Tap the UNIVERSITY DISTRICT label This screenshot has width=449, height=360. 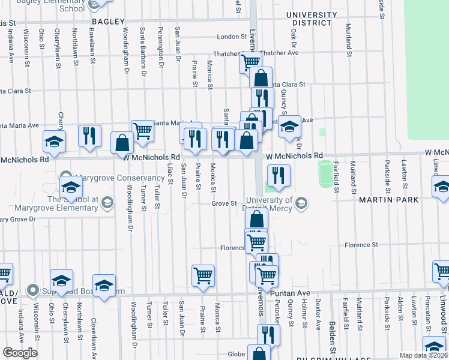tap(311, 19)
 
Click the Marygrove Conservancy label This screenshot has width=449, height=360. tap(120, 178)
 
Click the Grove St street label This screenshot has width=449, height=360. tap(225, 203)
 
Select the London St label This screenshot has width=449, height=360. tap(228, 37)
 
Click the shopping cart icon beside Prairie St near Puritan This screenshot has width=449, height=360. tap(203, 275)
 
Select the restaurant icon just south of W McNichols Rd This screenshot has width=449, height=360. tap(279, 175)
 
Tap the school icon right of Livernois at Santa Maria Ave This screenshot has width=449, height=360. tap(290, 128)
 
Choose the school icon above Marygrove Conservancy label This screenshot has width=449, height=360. tap(70, 185)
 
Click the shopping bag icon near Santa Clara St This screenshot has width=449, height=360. tap(261, 77)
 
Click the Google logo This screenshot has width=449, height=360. tap(19, 352)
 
